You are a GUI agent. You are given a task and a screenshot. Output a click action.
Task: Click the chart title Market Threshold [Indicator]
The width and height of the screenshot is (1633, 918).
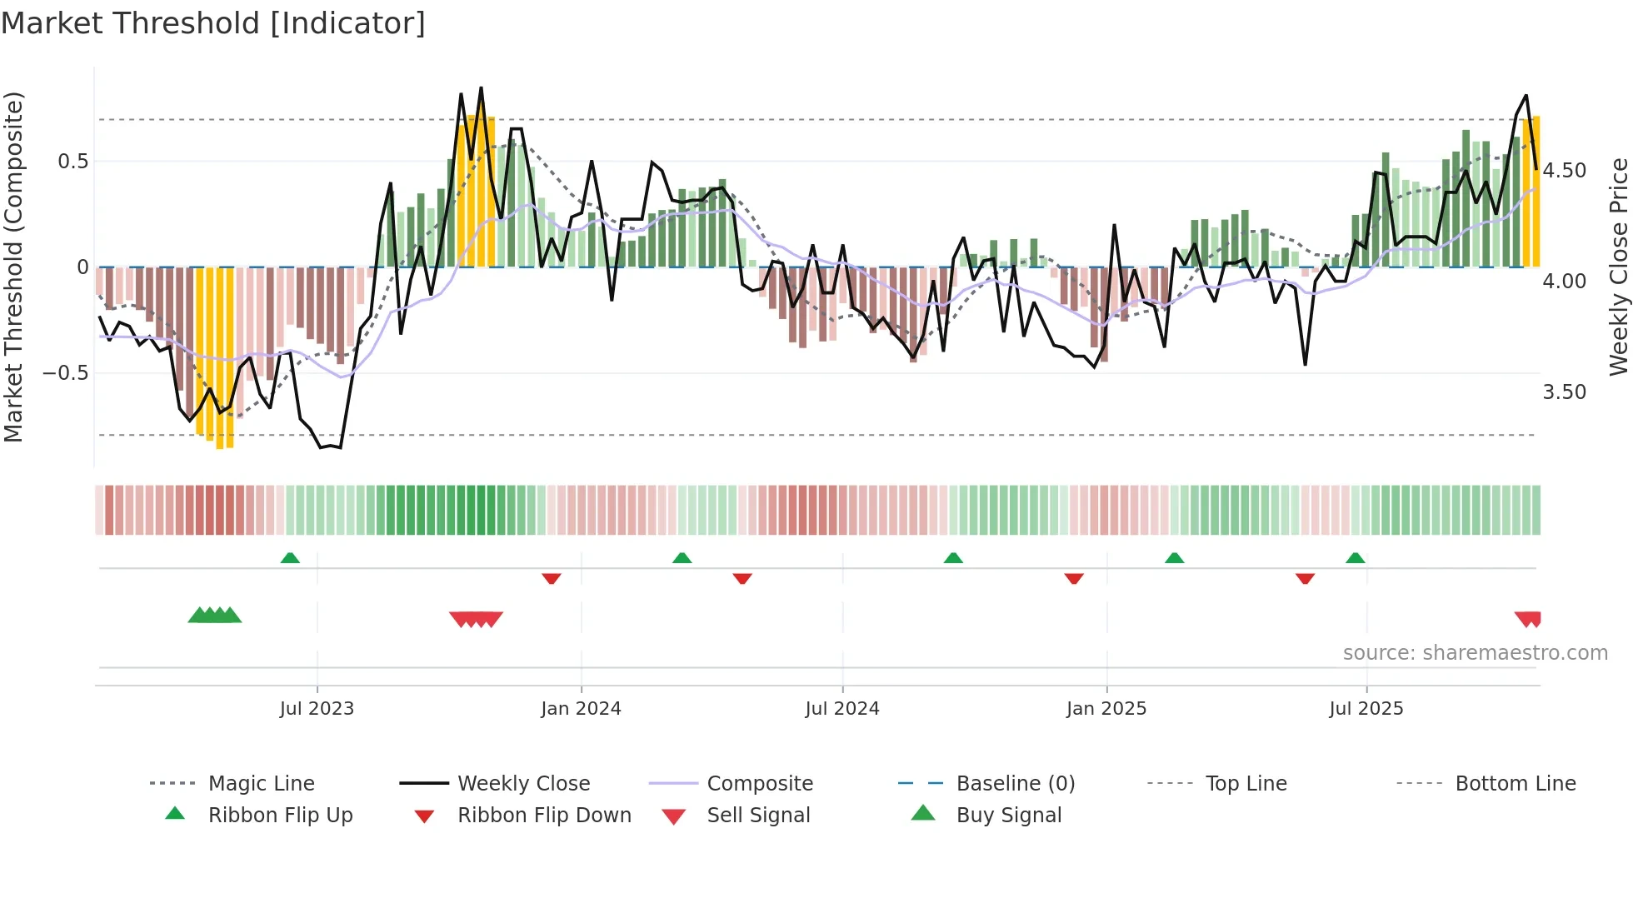(x=213, y=23)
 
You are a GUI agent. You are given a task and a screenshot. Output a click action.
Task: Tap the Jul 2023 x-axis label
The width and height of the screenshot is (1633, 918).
(x=317, y=709)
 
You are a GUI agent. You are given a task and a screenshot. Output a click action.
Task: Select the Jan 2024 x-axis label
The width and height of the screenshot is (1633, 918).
(x=581, y=709)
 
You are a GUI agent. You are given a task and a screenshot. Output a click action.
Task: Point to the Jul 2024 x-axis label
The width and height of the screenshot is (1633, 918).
(x=842, y=709)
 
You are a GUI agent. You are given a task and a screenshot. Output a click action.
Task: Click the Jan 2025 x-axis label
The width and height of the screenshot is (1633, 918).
(x=1106, y=709)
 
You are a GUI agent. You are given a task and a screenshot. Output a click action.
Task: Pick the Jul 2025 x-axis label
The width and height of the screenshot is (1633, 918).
(x=1366, y=709)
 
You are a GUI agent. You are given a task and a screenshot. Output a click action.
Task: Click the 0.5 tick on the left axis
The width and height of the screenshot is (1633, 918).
(x=73, y=162)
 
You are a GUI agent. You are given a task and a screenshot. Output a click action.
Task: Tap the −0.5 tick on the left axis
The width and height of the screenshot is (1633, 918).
(x=66, y=372)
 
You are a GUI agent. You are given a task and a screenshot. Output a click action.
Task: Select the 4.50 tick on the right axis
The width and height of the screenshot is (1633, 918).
(x=1565, y=171)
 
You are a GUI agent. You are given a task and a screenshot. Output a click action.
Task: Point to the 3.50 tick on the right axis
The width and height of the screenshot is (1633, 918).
(x=1565, y=392)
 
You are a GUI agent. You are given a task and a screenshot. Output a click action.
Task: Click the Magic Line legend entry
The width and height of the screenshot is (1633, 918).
(x=261, y=784)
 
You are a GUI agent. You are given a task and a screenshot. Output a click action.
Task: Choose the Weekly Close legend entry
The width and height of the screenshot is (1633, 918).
(x=523, y=784)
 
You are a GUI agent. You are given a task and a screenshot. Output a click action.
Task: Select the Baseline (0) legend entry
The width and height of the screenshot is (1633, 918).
(x=1015, y=784)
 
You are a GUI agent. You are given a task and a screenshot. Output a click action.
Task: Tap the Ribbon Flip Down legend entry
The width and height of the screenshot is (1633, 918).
(x=544, y=816)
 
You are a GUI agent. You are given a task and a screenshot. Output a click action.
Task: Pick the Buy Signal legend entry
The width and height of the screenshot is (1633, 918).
(x=1008, y=816)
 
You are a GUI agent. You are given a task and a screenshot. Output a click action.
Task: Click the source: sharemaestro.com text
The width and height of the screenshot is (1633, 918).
(x=1475, y=653)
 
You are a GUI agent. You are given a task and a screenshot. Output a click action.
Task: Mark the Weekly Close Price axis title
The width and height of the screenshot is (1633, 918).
(x=1618, y=267)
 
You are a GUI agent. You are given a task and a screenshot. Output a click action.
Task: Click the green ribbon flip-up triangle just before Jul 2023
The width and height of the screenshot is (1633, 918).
(x=290, y=558)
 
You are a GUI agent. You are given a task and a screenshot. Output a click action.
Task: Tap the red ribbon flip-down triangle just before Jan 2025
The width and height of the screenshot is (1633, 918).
(x=1074, y=578)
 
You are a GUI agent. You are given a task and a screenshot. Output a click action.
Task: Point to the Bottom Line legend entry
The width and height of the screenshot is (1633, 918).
(x=1515, y=784)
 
